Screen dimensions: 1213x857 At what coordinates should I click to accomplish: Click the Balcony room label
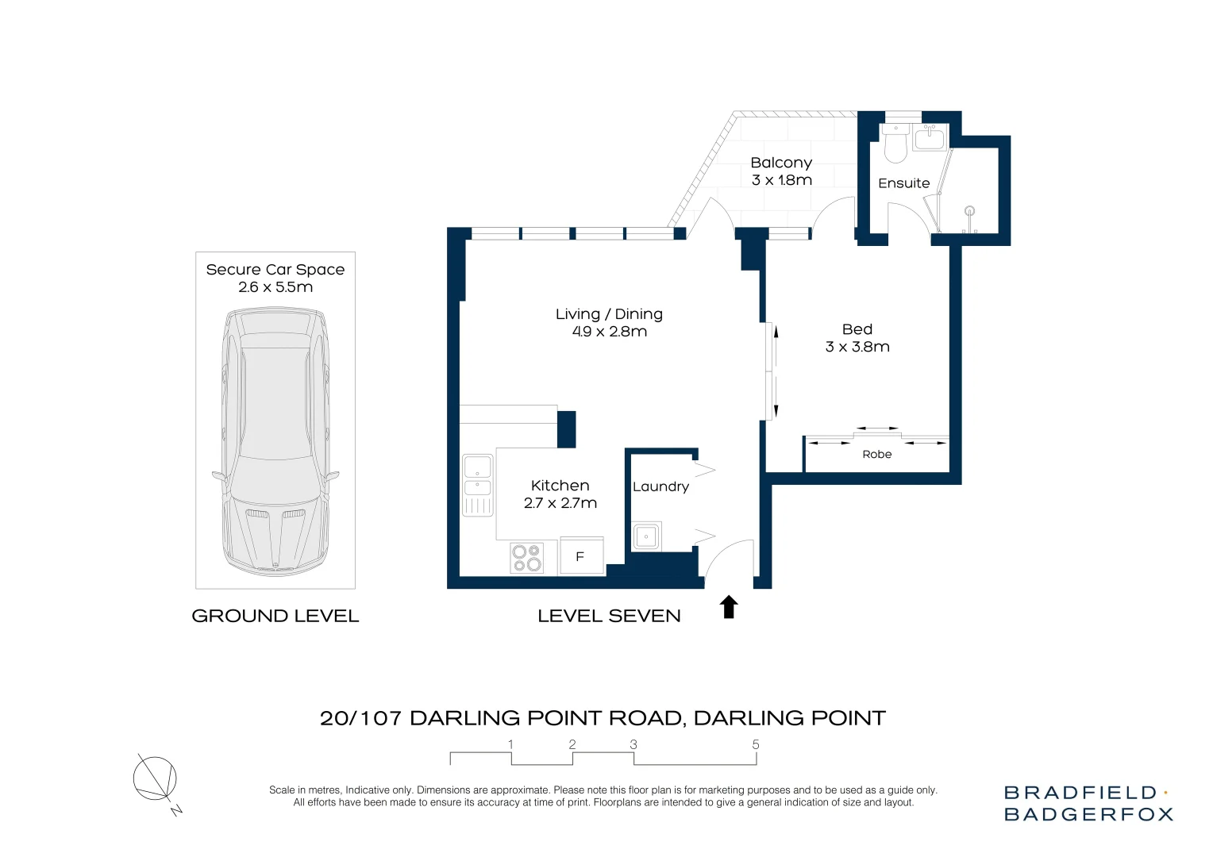click(x=781, y=163)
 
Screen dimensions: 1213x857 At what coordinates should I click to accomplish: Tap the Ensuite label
click(x=903, y=183)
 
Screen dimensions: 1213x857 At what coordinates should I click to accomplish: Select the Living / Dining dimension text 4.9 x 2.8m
click(x=609, y=332)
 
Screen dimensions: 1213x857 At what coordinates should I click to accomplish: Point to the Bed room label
click(x=857, y=329)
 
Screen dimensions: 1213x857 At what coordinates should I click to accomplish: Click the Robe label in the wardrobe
click(x=876, y=454)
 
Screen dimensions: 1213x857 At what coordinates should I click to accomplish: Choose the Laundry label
click(x=660, y=486)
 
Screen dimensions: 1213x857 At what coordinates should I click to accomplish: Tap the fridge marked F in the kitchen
click(x=582, y=555)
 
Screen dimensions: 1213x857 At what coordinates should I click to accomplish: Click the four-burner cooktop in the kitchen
click(x=527, y=558)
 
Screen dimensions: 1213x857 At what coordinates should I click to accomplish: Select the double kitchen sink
click(x=478, y=485)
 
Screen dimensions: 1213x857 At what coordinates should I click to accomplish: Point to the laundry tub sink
click(x=646, y=536)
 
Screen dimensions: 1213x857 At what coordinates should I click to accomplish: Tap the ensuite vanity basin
click(x=930, y=137)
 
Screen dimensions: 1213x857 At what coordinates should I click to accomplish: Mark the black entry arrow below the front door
click(x=729, y=606)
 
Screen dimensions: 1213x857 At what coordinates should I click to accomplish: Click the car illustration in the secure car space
click(x=275, y=442)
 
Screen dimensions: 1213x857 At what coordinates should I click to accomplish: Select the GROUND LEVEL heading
click(x=275, y=616)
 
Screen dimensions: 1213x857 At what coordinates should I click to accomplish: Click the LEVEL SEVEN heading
click(x=609, y=616)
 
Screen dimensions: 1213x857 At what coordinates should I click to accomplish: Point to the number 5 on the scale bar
click(x=756, y=744)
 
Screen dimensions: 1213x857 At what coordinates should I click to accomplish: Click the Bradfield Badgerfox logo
click(x=1088, y=803)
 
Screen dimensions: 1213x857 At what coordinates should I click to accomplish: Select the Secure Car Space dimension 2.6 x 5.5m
click(x=275, y=287)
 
